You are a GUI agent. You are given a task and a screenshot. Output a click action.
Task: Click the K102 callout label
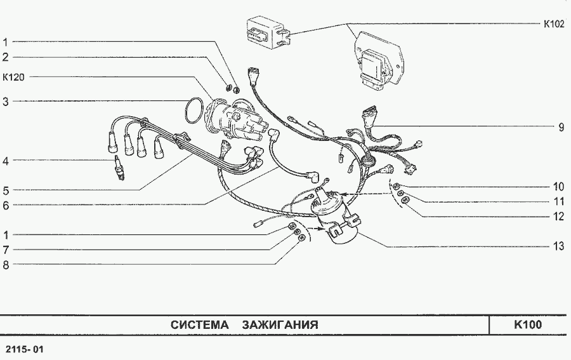[554, 24]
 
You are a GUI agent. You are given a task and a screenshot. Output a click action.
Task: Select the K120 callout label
[13, 77]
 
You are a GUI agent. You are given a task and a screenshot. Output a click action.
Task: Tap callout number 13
[558, 246]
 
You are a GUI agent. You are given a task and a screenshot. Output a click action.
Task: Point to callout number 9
[561, 127]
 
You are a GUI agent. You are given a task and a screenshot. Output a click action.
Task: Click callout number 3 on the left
[6, 102]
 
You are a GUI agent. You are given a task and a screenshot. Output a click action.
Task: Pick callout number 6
[6, 206]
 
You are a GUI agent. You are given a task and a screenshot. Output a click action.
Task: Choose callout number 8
[6, 265]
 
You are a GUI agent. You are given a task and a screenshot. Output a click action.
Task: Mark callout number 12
[558, 217]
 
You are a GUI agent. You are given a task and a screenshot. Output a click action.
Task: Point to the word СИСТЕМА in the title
[200, 324]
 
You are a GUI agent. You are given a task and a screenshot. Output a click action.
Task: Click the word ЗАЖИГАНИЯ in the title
[280, 324]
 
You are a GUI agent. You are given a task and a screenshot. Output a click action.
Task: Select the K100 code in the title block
[528, 324]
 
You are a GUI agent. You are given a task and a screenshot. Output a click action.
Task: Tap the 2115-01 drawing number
[25, 349]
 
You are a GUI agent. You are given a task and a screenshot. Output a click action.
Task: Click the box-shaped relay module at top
[269, 32]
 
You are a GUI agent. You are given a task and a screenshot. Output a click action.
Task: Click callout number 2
[6, 57]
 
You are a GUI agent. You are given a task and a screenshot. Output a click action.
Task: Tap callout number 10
[558, 187]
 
